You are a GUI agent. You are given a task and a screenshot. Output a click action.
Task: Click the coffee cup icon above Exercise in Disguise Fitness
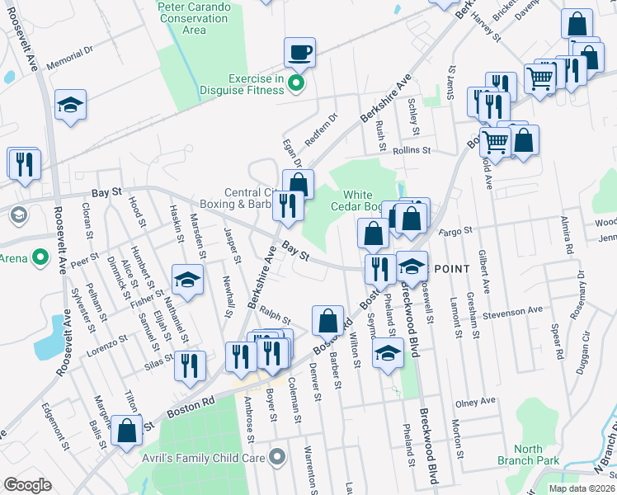tap(299, 54)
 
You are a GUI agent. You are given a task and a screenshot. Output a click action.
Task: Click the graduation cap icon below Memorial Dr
tap(71, 106)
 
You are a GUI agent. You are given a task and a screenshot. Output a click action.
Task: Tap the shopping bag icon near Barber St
tap(327, 320)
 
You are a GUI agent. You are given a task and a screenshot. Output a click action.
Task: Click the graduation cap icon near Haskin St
tap(187, 279)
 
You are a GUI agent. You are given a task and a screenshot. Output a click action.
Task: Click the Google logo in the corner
tap(27, 485)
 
